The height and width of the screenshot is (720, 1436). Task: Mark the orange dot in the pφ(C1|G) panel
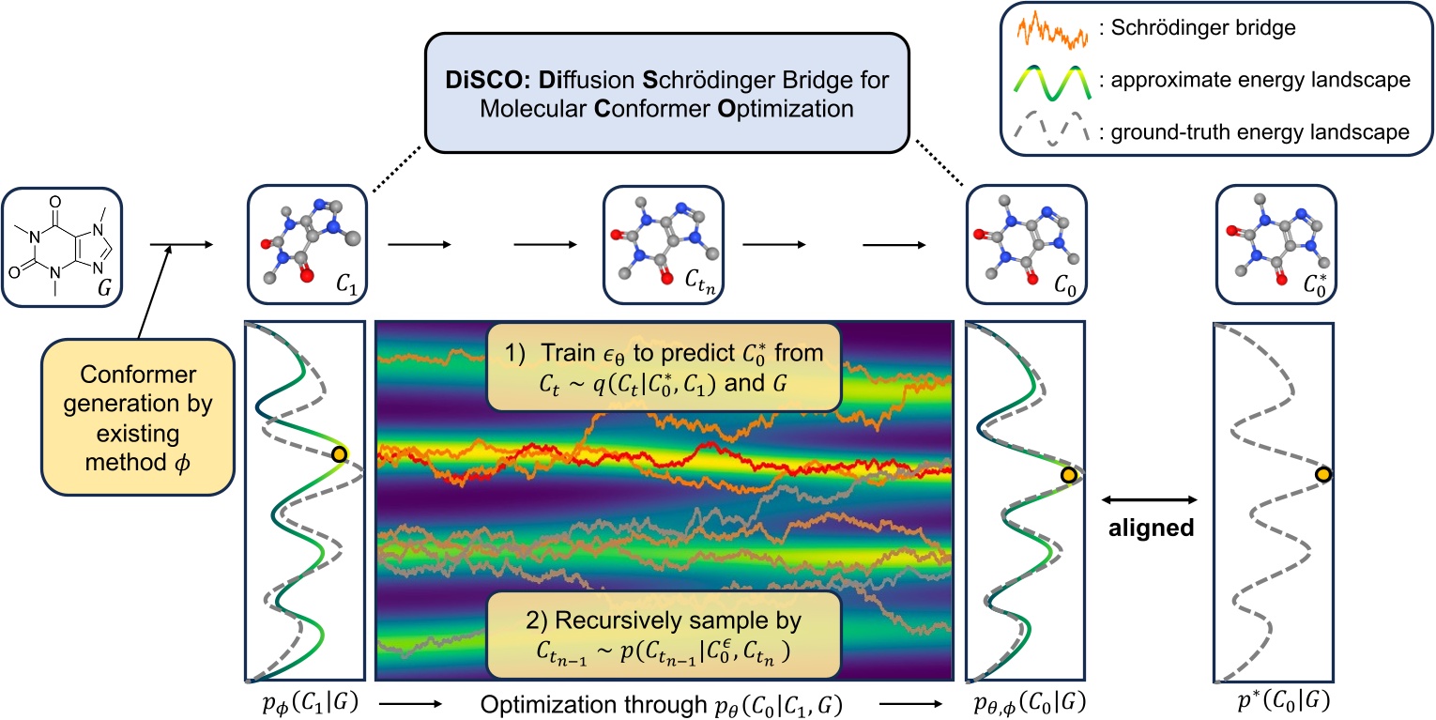click(339, 455)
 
